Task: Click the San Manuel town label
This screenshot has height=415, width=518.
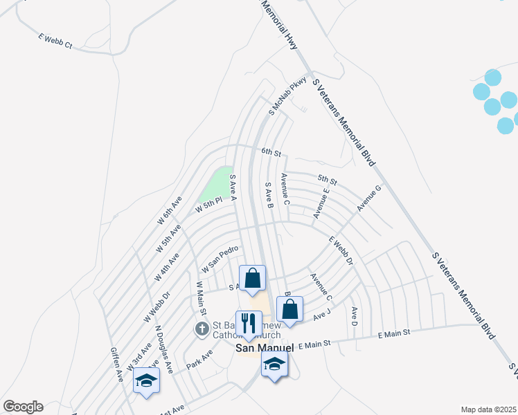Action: (x=260, y=348)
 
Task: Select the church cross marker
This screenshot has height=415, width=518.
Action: (x=202, y=329)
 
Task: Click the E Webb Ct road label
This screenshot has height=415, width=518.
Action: (x=55, y=41)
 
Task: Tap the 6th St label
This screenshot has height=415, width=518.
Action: (x=271, y=151)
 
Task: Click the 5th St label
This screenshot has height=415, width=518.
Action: (x=328, y=181)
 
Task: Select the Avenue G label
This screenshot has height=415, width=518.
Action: (x=369, y=198)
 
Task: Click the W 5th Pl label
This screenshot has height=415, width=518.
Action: (x=208, y=204)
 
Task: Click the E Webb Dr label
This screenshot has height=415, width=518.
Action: (x=341, y=251)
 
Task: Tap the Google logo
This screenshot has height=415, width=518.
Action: (x=23, y=407)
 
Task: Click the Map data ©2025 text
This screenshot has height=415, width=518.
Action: (x=488, y=409)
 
